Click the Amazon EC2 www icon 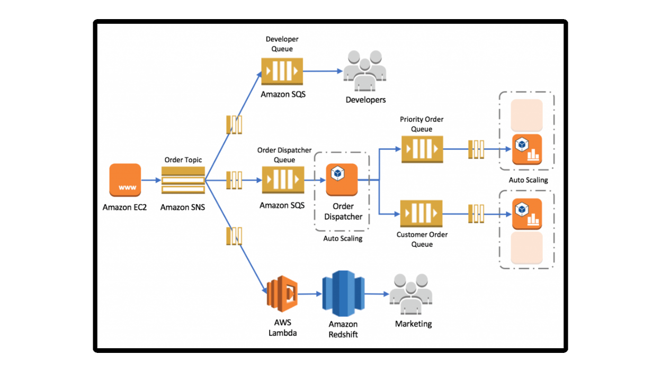[125, 180]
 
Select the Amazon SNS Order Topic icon [183, 181]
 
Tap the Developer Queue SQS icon [282, 71]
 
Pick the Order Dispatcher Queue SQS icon [283, 181]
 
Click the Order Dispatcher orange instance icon [342, 180]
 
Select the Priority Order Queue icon [422, 150]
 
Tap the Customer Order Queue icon [421, 214]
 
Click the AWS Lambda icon [281, 294]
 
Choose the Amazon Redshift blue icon [343, 294]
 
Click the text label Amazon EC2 [124, 207]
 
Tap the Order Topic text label [183, 160]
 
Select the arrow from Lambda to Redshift [309, 294]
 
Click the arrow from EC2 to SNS [151, 180]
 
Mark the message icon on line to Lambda [234, 236]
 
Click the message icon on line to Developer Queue [234, 125]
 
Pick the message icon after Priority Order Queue [477, 149]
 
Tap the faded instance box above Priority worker [526, 115]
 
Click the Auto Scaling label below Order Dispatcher [343, 238]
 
